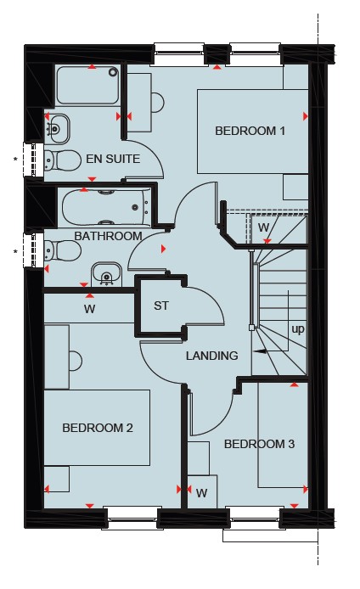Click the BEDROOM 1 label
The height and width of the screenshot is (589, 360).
(250, 131)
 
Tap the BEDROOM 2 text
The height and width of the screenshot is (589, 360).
(98, 428)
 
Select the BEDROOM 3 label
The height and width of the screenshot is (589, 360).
(259, 444)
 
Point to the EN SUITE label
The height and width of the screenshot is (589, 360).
(113, 159)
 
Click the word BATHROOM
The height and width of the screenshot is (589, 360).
(108, 236)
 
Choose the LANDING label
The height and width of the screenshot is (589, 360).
(212, 356)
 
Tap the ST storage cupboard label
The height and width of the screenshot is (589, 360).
(161, 306)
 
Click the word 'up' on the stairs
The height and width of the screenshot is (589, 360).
(298, 329)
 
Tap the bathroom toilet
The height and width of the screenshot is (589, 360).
(62, 250)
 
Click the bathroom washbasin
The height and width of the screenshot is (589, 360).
(107, 274)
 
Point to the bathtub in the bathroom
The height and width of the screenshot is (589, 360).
(106, 207)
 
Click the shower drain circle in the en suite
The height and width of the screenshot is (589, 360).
(113, 72)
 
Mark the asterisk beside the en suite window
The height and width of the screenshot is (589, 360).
(15, 160)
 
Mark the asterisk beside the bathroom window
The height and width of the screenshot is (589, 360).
(15, 251)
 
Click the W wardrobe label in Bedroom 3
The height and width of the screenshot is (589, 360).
(202, 493)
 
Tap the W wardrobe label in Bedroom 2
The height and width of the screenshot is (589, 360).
(89, 309)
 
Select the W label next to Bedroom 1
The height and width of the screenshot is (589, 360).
(264, 227)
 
